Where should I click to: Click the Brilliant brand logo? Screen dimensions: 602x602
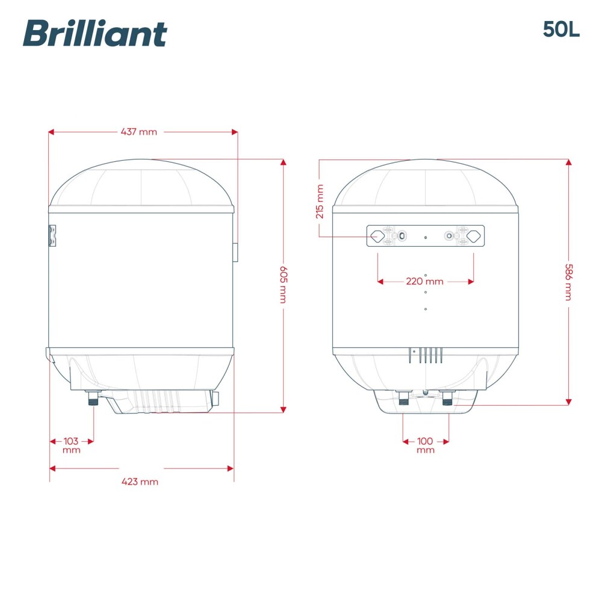click(95, 33)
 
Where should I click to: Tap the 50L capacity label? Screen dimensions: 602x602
click(560, 29)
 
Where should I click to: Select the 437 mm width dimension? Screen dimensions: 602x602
click(139, 132)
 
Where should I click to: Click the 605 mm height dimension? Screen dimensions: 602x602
click(283, 284)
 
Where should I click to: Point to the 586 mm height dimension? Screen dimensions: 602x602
click(568, 282)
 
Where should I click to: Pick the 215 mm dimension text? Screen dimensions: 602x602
click(320, 201)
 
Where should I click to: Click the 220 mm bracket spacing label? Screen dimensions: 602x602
click(425, 281)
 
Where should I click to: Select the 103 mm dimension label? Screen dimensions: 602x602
click(71, 445)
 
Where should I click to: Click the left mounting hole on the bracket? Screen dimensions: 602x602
click(376, 236)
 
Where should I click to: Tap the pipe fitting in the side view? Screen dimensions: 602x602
click(93, 398)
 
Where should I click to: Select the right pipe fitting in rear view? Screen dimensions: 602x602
click(447, 398)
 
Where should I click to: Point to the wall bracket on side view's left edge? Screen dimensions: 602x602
click(52, 235)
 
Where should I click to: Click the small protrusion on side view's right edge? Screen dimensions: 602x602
click(235, 252)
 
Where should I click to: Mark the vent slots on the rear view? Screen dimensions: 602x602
click(429, 355)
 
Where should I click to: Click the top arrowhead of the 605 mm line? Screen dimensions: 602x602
click(283, 162)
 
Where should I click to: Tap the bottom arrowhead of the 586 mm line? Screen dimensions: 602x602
click(568, 402)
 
